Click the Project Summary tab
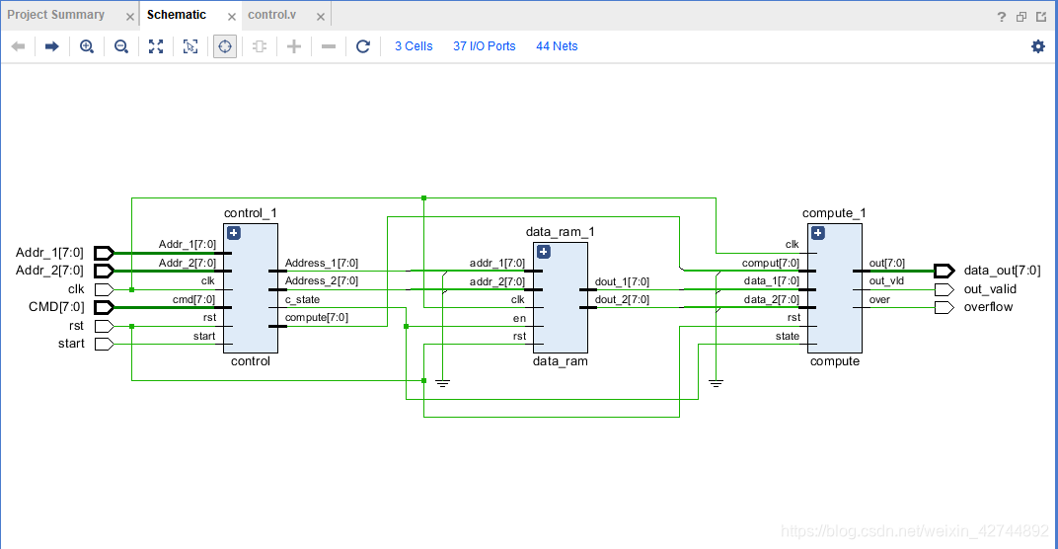[x=55, y=15]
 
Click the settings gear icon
[x=1037, y=46]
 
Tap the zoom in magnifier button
[x=87, y=46]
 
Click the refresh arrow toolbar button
[x=363, y=46]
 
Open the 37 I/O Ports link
[x=484, y=46]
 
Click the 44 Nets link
[x=557, y=46]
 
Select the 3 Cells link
[x=414, y=46]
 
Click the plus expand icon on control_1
[x=234, y=233]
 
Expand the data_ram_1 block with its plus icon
[x=543, y=252]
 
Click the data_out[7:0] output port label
[x=1002, y=271]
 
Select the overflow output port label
[x=988, y=307]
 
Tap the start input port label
[x=72, y=344]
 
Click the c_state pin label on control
[x=302, y=299]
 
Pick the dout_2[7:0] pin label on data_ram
[x=622, y=299]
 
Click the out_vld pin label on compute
[x=886, y=281]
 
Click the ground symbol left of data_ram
[x=442, y=382]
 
